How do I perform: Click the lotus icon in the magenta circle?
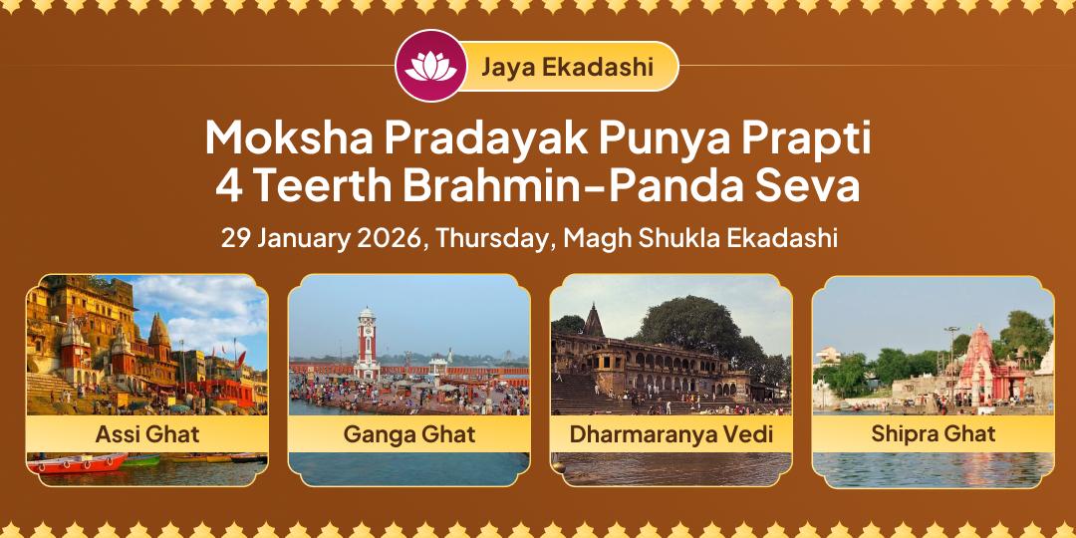430,66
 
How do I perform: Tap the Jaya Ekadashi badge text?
567,67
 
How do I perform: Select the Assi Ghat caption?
147,434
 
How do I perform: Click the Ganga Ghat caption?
408,434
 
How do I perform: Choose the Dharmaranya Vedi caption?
671,434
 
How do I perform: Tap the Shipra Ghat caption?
933,433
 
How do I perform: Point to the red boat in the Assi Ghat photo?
78,462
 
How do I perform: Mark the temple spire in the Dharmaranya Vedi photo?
594,321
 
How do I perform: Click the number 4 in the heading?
228,186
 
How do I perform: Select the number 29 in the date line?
234,239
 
